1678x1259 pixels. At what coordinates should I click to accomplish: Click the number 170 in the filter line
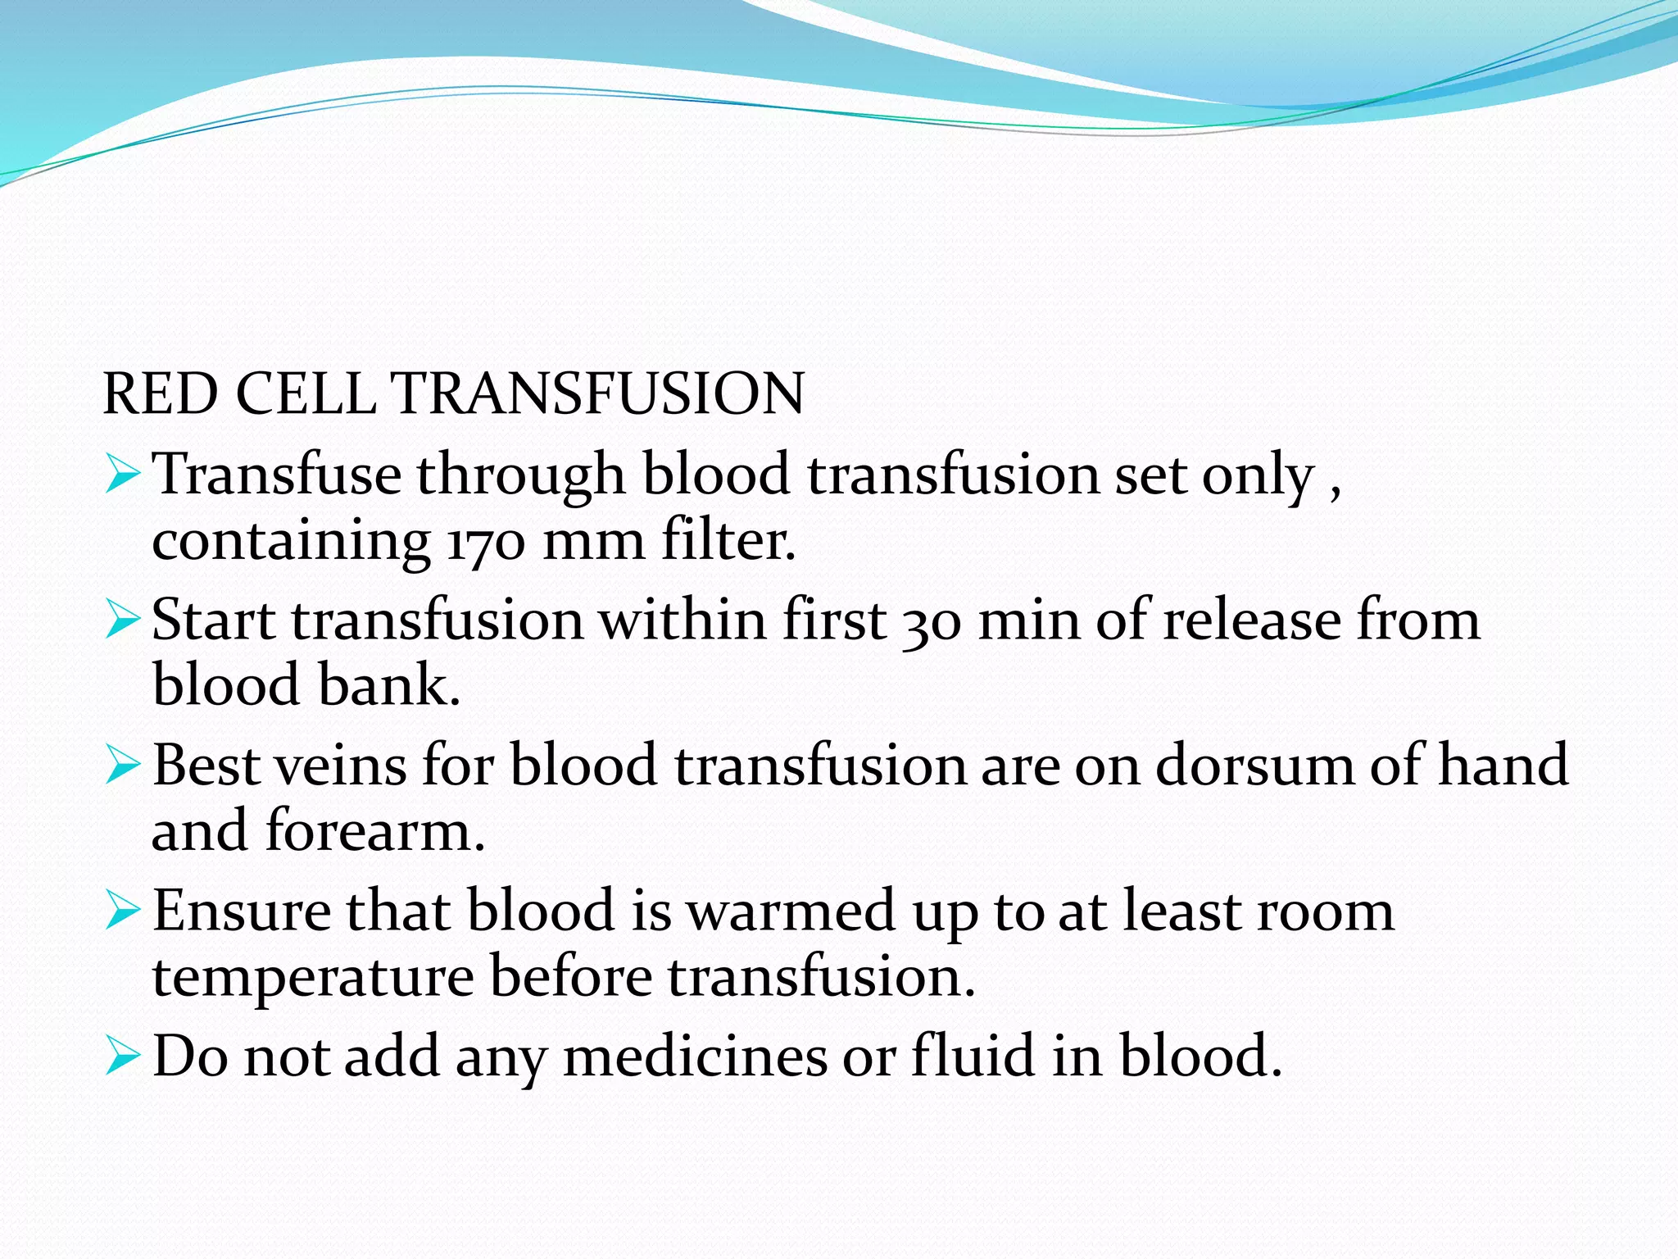pyautogui.click(x=485, y=542)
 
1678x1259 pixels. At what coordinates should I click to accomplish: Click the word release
pyautogui.click(x=1252, y=620)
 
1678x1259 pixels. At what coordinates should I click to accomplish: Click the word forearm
pyautogui.click(x=375, y=831)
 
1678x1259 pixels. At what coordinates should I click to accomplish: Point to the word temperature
pyautogui.click(x=313, y=977)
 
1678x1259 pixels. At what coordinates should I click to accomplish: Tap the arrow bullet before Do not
pyautogui.click(x=123, y=1058)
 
